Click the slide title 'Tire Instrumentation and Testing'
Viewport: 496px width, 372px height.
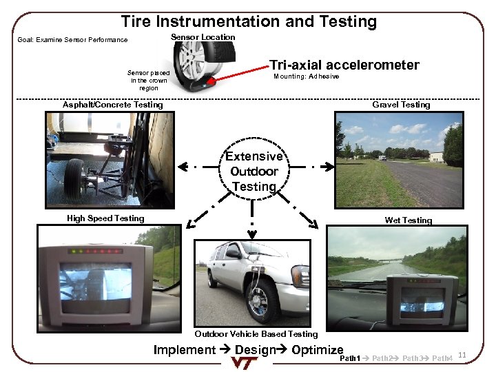pos(249,21)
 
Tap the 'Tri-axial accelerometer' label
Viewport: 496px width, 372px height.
pos(344,65)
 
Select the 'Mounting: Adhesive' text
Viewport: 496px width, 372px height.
pos(306,76)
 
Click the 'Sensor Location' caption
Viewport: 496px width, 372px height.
pos(203,37)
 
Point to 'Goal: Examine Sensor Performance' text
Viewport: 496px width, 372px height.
pos(72,40)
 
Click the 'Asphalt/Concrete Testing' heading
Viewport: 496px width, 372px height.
pos(113,105)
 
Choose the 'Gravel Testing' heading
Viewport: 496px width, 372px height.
pos(401,105)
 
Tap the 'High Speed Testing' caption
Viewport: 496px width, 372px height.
pos(105,218)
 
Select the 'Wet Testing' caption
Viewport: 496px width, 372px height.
pos(409,220)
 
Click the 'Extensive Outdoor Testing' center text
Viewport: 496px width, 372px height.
pos(254,172)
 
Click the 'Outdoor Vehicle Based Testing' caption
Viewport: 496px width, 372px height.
pos(256,334)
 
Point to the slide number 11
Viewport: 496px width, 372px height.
pos(462,355)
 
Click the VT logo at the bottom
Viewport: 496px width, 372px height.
pos(249,364)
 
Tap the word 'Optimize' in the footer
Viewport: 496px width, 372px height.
pos(318,349)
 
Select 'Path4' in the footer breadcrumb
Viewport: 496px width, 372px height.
pos(442,359)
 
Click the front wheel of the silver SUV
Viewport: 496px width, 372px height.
pos(262,299)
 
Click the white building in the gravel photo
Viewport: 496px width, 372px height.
pos(435,157)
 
